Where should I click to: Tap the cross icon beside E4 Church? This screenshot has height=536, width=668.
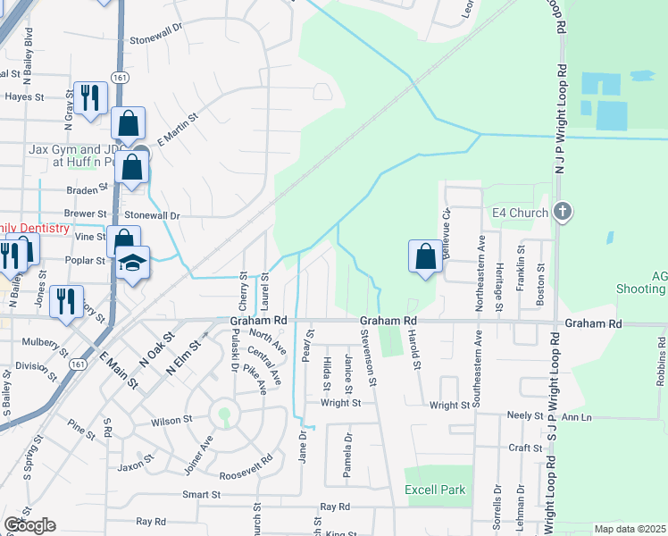click(561, 213)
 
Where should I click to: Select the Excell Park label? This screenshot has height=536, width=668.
click(435, 490)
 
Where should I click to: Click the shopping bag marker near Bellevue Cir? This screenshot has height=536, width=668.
click(426, 256)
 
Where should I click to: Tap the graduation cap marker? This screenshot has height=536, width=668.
click(132, 263)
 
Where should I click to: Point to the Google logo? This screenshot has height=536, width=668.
click(29, 525)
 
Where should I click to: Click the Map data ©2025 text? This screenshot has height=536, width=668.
click(630, 529)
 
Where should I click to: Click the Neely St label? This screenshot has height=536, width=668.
click(525, 416)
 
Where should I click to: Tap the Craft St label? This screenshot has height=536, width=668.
click(525, 448)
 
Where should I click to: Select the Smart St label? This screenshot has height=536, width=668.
click(201, 494)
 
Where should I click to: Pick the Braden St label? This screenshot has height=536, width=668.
click(88, 190)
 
